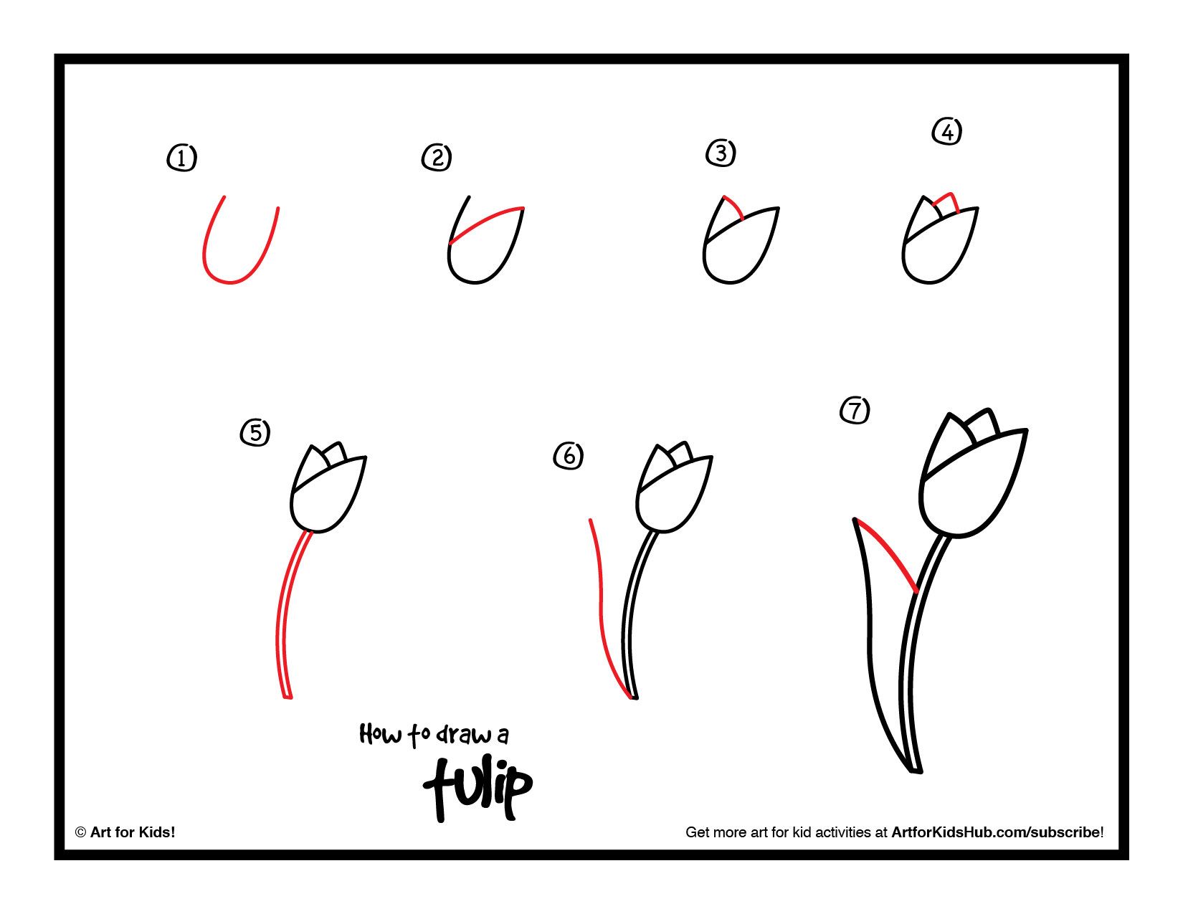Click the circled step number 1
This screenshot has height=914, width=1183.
click(x=181, y=158)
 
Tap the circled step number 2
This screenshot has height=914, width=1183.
click(x=437, y=157)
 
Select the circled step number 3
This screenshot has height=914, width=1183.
click(x=721, y=153)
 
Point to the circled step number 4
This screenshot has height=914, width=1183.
click(x=947, y=132)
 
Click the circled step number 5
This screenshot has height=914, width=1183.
click(x=255, y=432)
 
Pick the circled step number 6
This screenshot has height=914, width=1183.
click(x=569, y=456)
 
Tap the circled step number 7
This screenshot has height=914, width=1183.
click(x=855, y=410)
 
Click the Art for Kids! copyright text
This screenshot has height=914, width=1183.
click(x=125, y=832)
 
